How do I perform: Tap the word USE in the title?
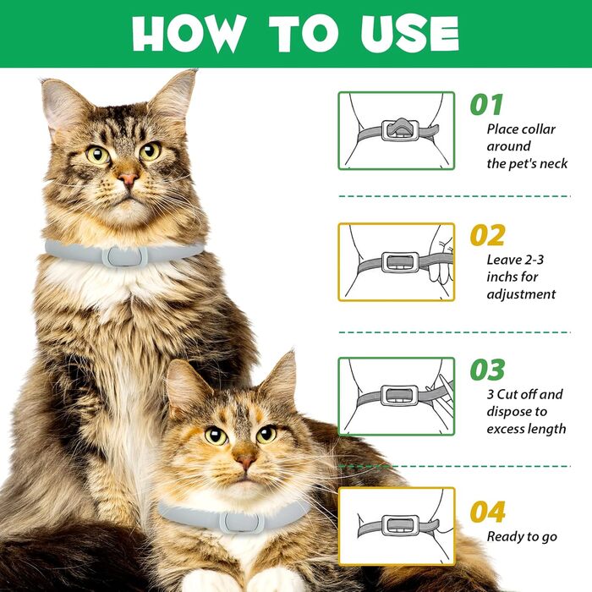click(409, 34)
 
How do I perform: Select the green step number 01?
click(486, 105)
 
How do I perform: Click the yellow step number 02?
click(487, 236)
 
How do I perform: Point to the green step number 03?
click(487, 370)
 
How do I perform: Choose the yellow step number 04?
click(487, 512)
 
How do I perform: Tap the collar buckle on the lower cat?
click(242, 522)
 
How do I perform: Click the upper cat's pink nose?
click(128, 178)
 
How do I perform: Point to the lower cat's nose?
click(245, 461)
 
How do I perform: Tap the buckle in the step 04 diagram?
click(400, 525)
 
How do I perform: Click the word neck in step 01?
click(553, 163)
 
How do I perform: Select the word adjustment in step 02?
click(521, 294)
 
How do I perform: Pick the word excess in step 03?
click(503, 429)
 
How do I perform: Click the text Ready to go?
click(522, 537)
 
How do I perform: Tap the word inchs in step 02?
click(502, 277)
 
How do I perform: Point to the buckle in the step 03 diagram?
click(400, 396)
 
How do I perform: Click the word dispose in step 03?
click(508, 412)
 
